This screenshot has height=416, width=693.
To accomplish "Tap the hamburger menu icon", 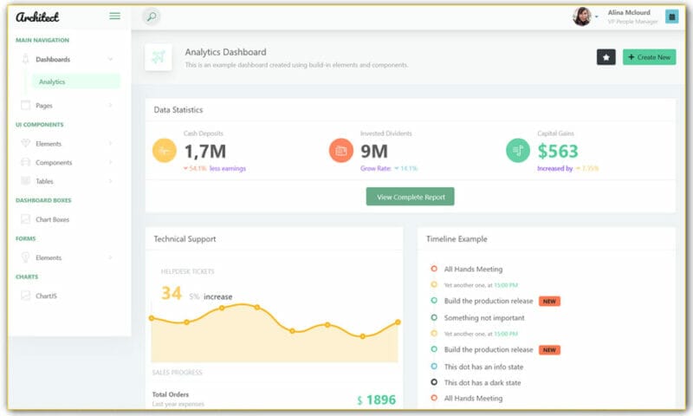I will (x=114, y=16).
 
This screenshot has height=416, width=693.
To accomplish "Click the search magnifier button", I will (x=151, y=16).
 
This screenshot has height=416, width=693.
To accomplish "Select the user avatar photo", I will (x=582, y=16).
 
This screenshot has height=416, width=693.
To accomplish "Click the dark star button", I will (x=606, y=57).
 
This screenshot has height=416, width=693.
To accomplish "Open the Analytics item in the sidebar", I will (x=52, y=81).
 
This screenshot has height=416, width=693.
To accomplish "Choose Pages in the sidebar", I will (x=44, y=106).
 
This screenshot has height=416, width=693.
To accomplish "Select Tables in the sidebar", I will (x=44, y=181).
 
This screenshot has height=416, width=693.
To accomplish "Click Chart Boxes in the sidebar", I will (x=52, y=219).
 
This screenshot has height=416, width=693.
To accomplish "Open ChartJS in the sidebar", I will (x=46, y=296).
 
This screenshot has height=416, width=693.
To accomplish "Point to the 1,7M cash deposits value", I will (x=205, y=152).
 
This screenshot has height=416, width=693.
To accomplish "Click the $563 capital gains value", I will (x=558, y=152).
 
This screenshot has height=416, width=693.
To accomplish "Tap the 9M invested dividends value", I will (x=373, y=152).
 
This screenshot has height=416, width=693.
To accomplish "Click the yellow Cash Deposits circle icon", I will (x=165, y=150).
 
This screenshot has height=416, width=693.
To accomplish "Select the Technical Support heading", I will (x=185, y=238).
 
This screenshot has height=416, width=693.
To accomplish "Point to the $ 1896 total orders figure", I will (x=376, y=400).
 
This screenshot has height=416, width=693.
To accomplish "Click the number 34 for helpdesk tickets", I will (x=172, y=294).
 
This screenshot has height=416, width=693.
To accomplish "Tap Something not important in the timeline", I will (x=484, y=318).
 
